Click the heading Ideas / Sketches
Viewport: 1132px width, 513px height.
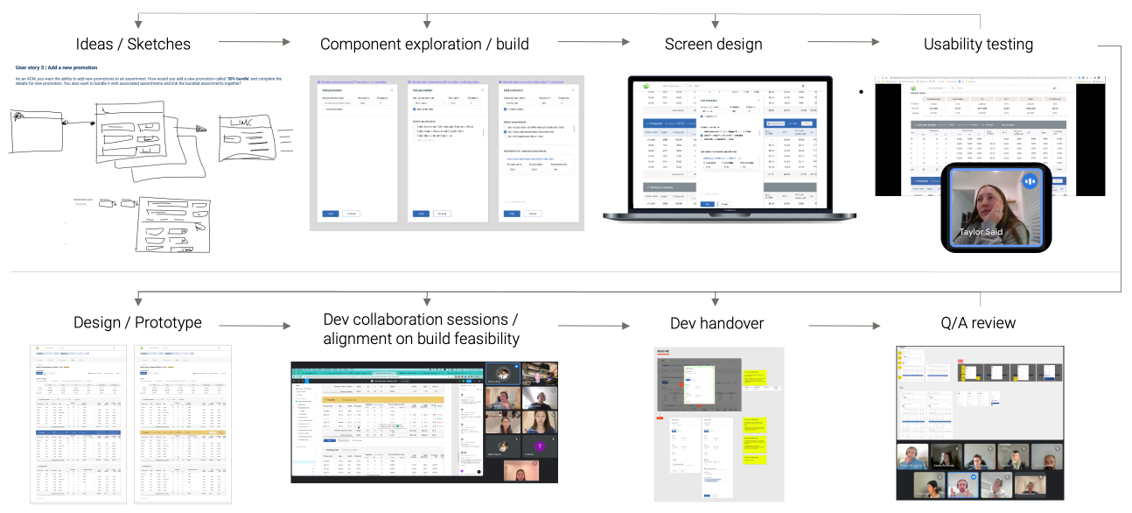[133, 44]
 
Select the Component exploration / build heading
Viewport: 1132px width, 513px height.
[424, 44]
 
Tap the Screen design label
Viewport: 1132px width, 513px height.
[713, 44]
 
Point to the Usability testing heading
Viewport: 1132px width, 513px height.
[978, 44]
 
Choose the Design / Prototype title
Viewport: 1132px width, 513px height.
[138, 323]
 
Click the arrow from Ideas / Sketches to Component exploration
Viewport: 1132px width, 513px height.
[254, 42]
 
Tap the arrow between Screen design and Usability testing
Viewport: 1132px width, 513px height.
[843, 42]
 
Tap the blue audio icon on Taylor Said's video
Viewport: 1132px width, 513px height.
[1030, 181]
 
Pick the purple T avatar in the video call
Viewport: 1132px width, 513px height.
[541, 446]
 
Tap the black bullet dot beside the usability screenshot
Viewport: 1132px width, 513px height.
[862, 91]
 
